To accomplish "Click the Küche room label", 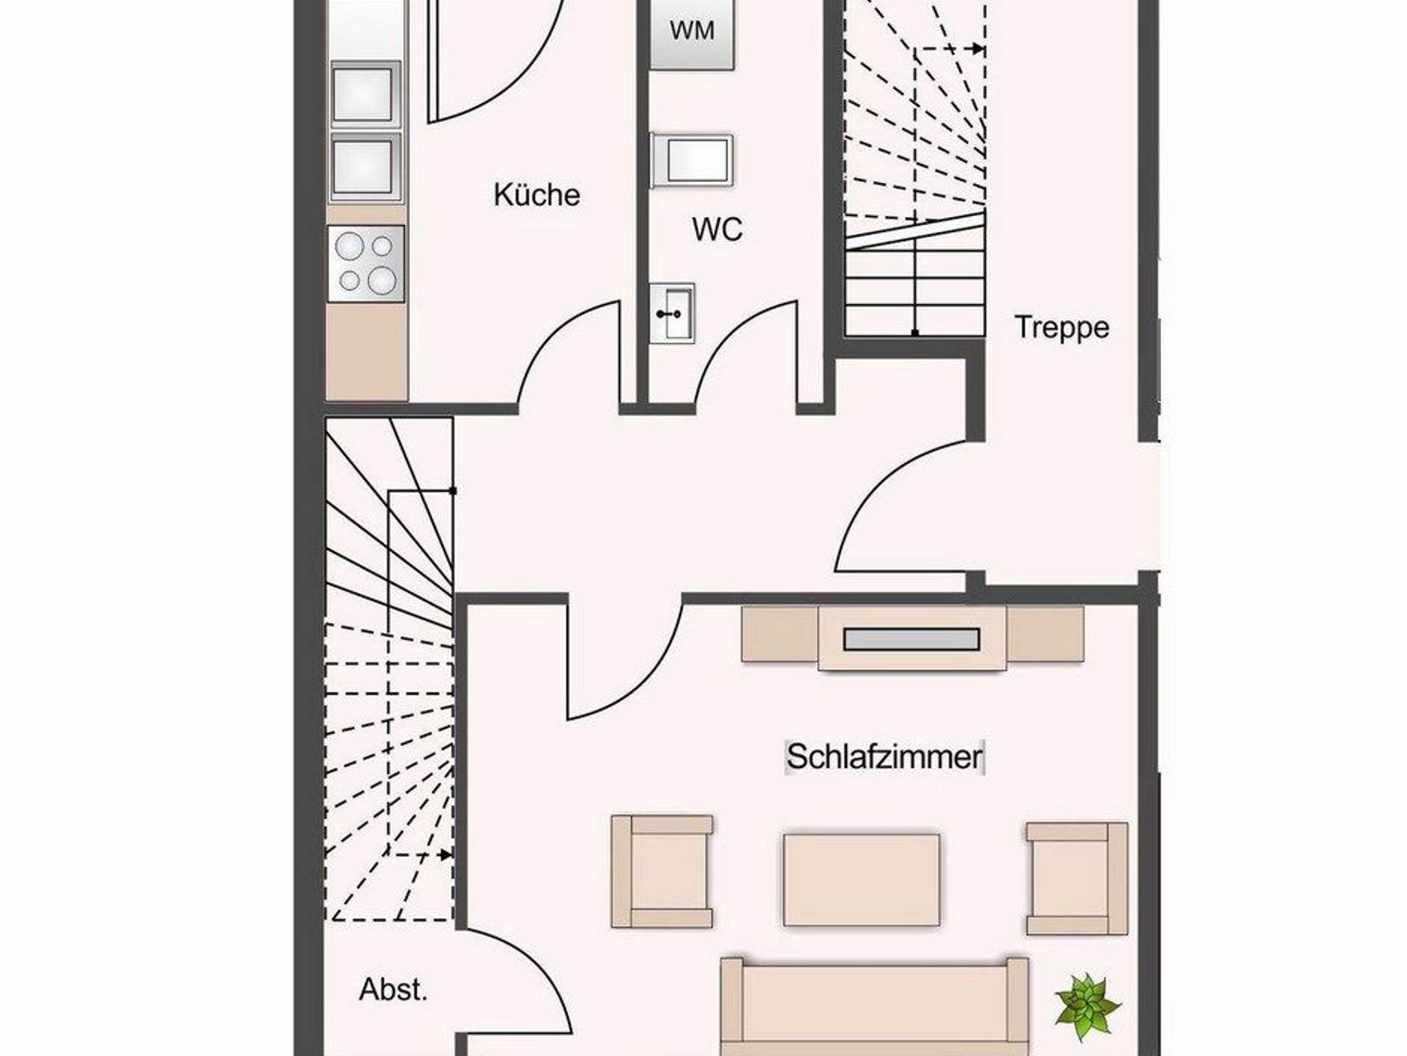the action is (537, 195).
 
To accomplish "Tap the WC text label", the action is (717, 229).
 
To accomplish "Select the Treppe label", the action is (1061, 328).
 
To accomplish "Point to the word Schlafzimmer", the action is (885, 757).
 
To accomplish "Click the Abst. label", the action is (393, 989).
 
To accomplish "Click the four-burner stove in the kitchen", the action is (366, 264).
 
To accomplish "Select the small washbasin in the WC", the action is (673, 313).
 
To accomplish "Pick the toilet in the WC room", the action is (692, 160).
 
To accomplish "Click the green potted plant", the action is (1087, 1006).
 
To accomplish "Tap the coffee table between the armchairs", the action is (862, 880).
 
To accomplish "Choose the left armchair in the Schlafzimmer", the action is (662, 872).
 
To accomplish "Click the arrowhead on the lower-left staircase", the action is (445, 855).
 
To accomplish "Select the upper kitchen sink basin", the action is (365, 94).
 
